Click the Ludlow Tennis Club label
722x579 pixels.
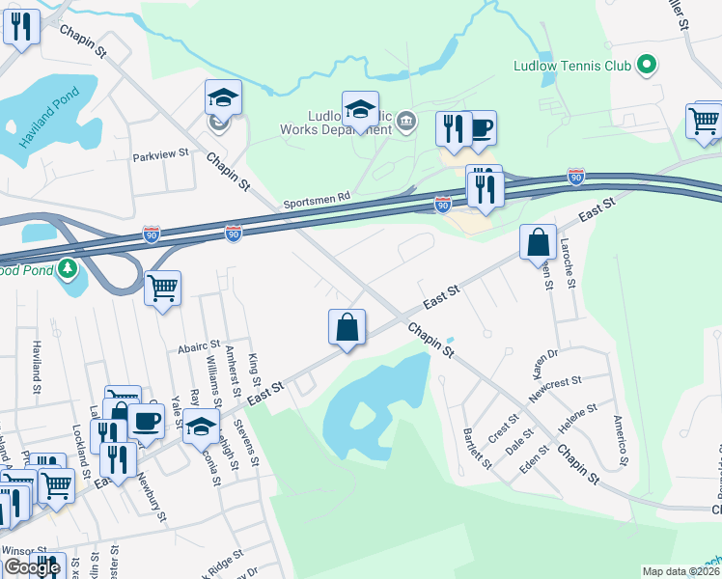click(572, 67)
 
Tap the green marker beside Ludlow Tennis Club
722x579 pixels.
click(647, 66)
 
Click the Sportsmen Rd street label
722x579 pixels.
click(317, 200)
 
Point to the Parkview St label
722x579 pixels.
click(161, 155)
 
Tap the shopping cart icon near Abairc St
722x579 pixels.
click(163, 288)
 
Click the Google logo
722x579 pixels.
click(32, 567)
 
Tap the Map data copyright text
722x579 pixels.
click(681, 571)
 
